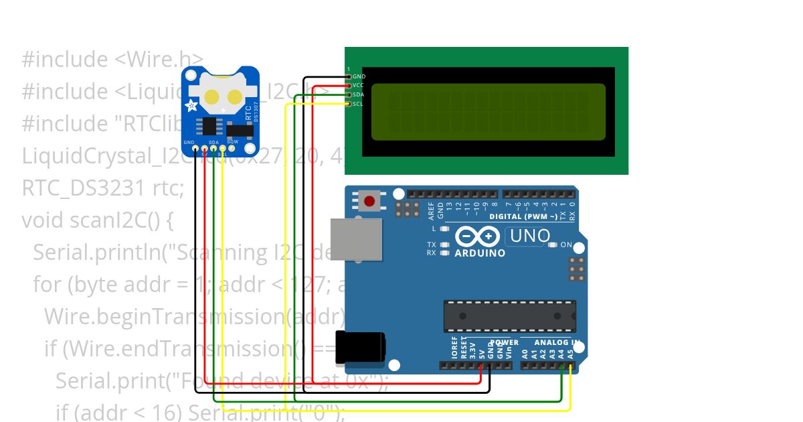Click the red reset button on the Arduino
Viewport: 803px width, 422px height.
coord(369,200)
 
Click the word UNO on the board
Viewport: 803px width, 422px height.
coord(529,236)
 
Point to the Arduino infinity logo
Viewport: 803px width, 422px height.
coord(477,236)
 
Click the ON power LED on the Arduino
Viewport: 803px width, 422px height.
coord(551,245)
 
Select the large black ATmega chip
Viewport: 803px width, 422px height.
coord(509,316)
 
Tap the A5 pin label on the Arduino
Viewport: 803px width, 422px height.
coord(570,353)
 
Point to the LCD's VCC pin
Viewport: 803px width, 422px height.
coord(349,86)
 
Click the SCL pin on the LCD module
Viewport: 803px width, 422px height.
coord(349,104)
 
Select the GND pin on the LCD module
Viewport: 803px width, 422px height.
coord(349,77)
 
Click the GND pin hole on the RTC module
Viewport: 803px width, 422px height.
coord(195,148)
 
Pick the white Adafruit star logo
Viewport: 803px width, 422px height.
coord(192,105)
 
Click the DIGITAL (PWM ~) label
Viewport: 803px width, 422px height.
coord(523,216)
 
